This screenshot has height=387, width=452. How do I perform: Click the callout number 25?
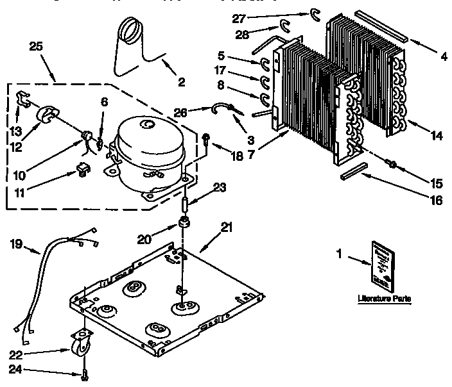tap(37, 46)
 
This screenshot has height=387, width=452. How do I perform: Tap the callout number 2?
tap(182, 81)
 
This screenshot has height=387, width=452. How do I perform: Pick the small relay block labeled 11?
tap(80, 170)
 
